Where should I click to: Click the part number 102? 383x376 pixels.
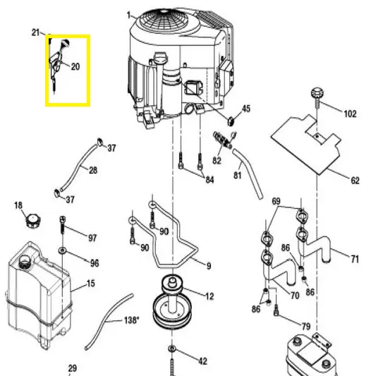(350, 114)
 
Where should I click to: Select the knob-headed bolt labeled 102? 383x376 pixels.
(317, 98)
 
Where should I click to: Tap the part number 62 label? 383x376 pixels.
(355, 181)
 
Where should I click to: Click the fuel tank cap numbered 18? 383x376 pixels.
(33, 221)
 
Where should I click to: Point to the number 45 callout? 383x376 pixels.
(246, 109)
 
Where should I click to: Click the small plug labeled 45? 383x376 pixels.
(231, 121)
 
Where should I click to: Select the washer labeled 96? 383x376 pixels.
(63, 250)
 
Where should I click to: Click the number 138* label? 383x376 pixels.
(132, 320)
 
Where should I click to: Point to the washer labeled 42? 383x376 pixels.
(172, 348)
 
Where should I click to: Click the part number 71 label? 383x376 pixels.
(355, 259)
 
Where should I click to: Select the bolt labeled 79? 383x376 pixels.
(276, 310)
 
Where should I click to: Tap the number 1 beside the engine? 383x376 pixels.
(129, 16)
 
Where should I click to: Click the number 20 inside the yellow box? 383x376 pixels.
(75, 67)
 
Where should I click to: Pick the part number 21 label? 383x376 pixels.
(36, 32)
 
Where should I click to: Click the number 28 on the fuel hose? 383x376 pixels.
(93, 170)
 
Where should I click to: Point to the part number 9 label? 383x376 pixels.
(209, 266)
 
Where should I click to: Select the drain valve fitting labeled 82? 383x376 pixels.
(222, 140)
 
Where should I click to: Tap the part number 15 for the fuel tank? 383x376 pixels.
(90, 284)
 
